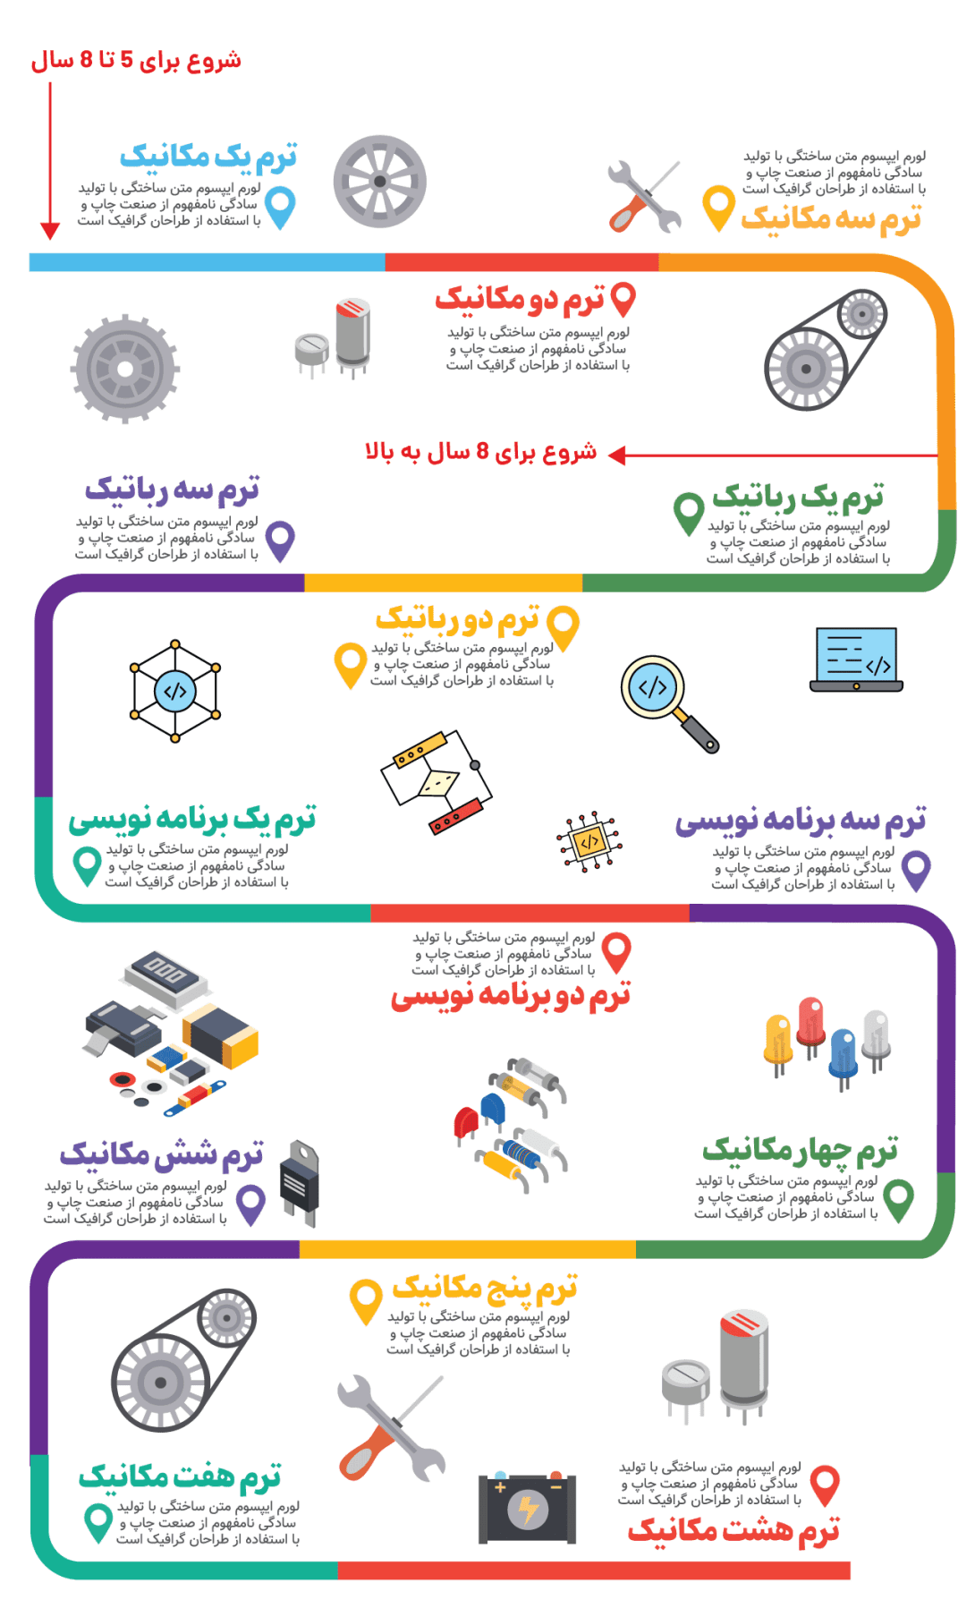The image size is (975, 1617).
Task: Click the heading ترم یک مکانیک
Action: click(208, 157)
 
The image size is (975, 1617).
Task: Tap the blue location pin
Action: click(280, 207)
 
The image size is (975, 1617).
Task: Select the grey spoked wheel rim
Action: click(379, 182)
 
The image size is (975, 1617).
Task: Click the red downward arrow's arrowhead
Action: click(50, 231)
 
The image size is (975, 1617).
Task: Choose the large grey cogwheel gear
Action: click(125, 369)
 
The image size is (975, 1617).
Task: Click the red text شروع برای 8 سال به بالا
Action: click(480, 452)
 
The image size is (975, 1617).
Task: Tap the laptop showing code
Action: click(856, 660)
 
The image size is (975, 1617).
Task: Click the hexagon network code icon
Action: click(175, 692)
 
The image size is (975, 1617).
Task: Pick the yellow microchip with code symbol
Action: click(589, 841)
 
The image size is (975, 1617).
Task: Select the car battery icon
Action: click(527, 1508)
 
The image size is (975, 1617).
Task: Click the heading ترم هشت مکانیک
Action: click(733, 1531)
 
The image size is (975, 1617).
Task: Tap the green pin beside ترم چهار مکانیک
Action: click(898, 1198)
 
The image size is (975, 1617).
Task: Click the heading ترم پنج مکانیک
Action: click(484, 1289)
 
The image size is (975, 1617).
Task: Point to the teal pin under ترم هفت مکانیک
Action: click(97, 1521)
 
